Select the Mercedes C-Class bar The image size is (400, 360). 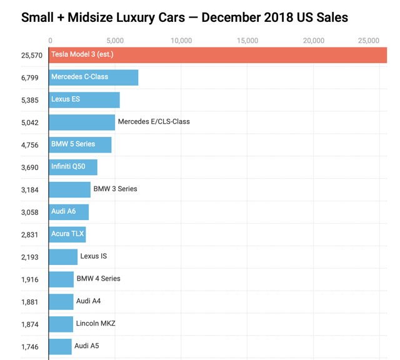(94, 77)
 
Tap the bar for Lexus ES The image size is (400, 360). (84, 100)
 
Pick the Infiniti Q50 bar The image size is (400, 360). (73, 167)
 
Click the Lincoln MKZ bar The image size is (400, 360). (61, 324)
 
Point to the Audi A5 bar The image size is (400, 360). (61, 346)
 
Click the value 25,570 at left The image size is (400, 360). (31, 56)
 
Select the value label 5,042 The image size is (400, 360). (29, 122)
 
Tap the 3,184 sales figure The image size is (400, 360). (29, 190)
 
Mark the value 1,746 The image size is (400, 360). (29, 347)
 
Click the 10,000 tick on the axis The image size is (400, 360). (181, 41)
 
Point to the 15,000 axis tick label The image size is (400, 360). (247, 41)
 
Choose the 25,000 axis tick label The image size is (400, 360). (368, 41)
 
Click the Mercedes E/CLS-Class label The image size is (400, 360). (154, 122)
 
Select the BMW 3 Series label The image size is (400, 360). (115, 189)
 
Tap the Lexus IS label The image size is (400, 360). (93, 256)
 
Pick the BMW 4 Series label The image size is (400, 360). (98, 278)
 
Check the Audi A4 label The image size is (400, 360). (88, 301)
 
